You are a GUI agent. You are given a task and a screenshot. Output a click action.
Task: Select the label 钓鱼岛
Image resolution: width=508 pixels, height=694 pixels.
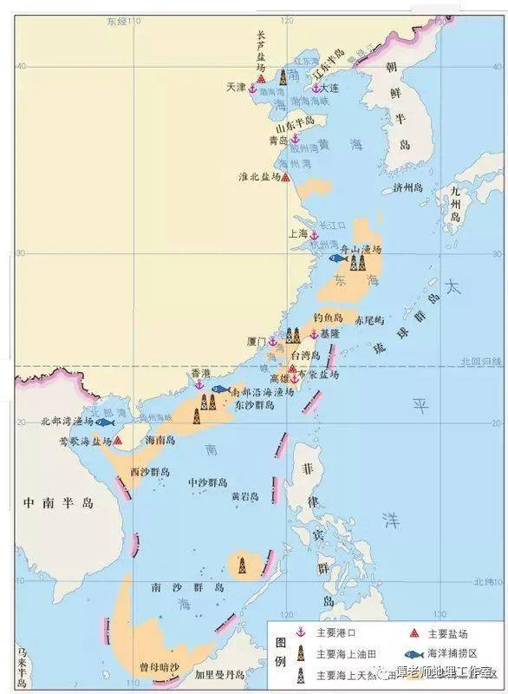[334, 318]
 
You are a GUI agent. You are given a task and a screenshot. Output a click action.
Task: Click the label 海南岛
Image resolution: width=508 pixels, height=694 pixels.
[160, 441]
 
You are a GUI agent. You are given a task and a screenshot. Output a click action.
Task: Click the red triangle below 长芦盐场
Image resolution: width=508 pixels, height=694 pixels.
[261, 78]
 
